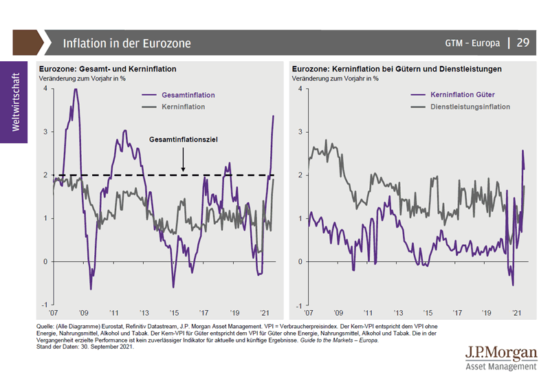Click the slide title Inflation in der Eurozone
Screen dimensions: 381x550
click(x=126, y=43)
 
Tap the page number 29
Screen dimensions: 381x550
click(x=522, y=43)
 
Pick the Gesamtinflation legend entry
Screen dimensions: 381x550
click(x=188, y=96)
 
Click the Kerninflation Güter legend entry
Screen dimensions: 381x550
click(x=462, y=94)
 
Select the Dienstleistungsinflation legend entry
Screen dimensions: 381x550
click(x=470, y=107)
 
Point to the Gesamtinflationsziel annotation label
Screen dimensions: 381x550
click(x=184, y=139)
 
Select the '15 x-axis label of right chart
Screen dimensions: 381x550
click(x=427, y=312)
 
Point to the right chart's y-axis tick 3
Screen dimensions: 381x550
click(x=300, y=131)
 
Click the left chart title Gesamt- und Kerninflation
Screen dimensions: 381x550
click(x=108, y=69)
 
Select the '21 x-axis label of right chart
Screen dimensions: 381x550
click(x=516, y=312)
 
